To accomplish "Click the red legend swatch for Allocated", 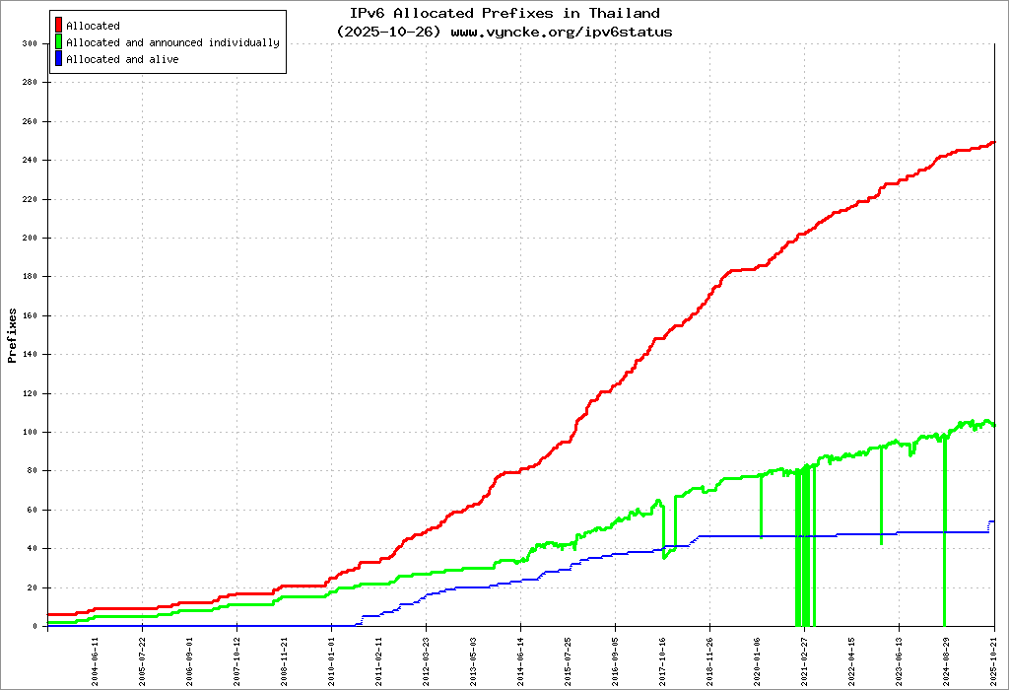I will tap(59, 26).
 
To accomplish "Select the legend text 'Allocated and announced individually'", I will tap(172, 42).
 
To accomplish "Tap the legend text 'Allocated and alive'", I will tap(122, 59).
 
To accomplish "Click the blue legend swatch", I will tap(59, 59).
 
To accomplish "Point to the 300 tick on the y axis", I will tap(29, 44).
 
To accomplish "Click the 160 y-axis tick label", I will tap(29, 315).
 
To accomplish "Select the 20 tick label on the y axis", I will tap(31, 587).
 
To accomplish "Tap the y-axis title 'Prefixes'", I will tap(13, 335).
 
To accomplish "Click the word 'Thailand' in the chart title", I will tap(625, 14).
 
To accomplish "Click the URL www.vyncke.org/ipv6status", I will tap(562, 32).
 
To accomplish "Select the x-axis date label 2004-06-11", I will tap(96, 658).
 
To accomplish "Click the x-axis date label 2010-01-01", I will tap(332, 658).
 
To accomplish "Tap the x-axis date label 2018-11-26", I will tap(710, 658).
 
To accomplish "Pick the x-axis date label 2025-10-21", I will tap(994, 658).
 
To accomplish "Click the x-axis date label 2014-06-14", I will tap(521, 658).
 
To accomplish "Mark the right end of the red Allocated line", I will tap(993, 143).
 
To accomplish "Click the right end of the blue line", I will tap(993, 521).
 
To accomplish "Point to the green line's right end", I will tap(993, 425).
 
